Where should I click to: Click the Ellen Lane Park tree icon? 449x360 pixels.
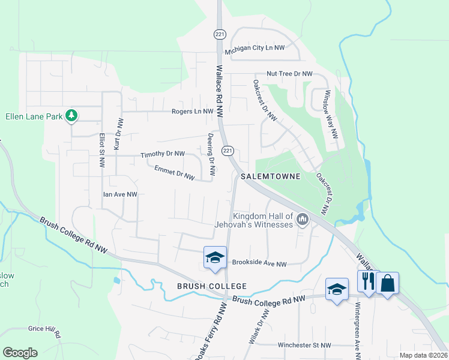71,115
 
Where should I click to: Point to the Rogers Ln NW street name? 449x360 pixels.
193,112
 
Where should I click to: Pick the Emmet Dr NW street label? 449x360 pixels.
175,173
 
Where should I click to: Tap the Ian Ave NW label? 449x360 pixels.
120,194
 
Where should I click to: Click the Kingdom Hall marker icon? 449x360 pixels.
302,221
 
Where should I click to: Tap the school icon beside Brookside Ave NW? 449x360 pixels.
215,257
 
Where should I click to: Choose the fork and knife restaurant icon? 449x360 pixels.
367,281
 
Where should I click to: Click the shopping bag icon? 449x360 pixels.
387,283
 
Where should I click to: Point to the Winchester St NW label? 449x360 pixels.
304,346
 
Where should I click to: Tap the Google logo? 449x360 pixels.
20,353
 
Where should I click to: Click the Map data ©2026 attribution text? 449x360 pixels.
423,355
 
